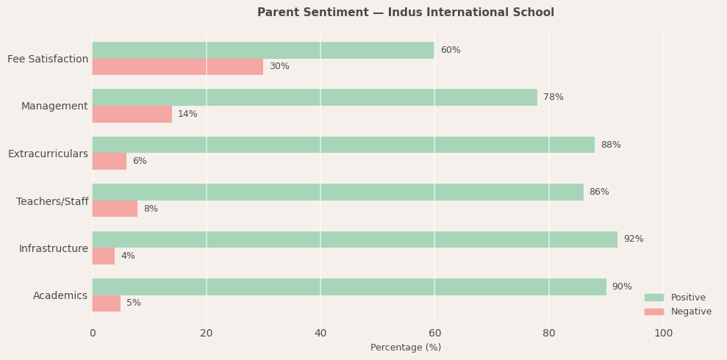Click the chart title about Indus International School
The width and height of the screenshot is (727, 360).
405,12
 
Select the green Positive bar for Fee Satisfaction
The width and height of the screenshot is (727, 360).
263,50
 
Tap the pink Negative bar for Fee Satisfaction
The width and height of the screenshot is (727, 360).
177,67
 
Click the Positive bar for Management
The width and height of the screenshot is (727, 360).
315,97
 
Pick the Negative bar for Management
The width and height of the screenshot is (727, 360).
132,114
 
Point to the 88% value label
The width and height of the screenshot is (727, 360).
610,145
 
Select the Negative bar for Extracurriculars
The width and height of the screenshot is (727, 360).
109,161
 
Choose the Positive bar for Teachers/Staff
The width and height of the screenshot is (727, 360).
337,192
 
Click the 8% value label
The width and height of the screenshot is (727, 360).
151,209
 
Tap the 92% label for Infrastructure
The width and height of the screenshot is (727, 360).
633,239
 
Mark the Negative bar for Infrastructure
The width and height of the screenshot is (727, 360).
103,256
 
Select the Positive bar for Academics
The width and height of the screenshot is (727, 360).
349,287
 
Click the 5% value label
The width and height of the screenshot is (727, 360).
133,303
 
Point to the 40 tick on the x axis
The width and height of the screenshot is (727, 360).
320,334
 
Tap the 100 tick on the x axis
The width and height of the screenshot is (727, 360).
663,334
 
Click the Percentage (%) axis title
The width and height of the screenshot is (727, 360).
405,348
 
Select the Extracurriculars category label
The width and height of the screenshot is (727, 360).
48,154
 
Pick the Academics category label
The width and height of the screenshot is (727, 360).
60,295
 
